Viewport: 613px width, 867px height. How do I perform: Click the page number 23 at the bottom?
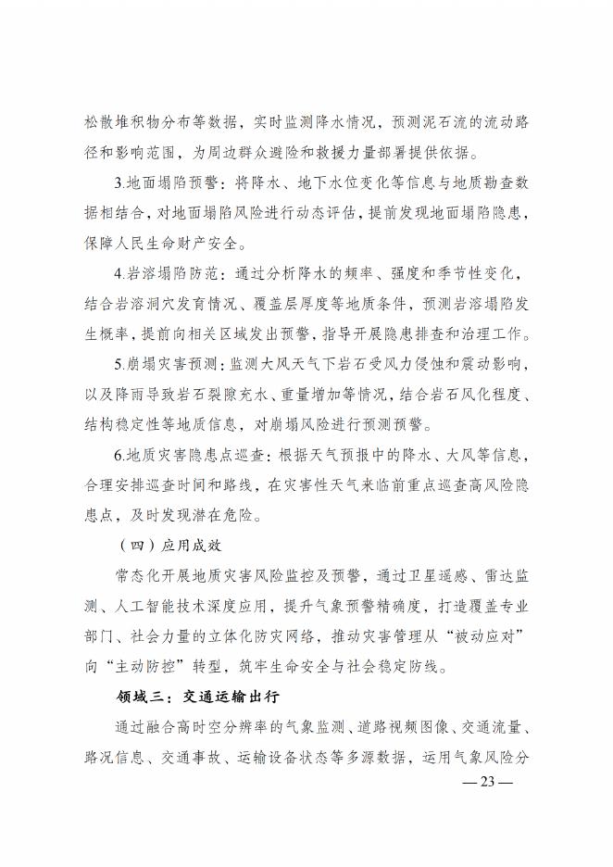tap(490, 781)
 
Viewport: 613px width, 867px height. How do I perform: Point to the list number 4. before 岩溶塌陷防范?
tap(119, 275)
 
